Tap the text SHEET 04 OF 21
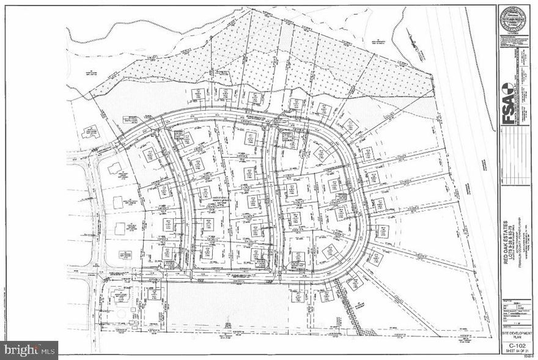click(514, 351)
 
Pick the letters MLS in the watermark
click(49, 350)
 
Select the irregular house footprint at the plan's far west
click(92, 131)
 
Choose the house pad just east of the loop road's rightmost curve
click(383, 231)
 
